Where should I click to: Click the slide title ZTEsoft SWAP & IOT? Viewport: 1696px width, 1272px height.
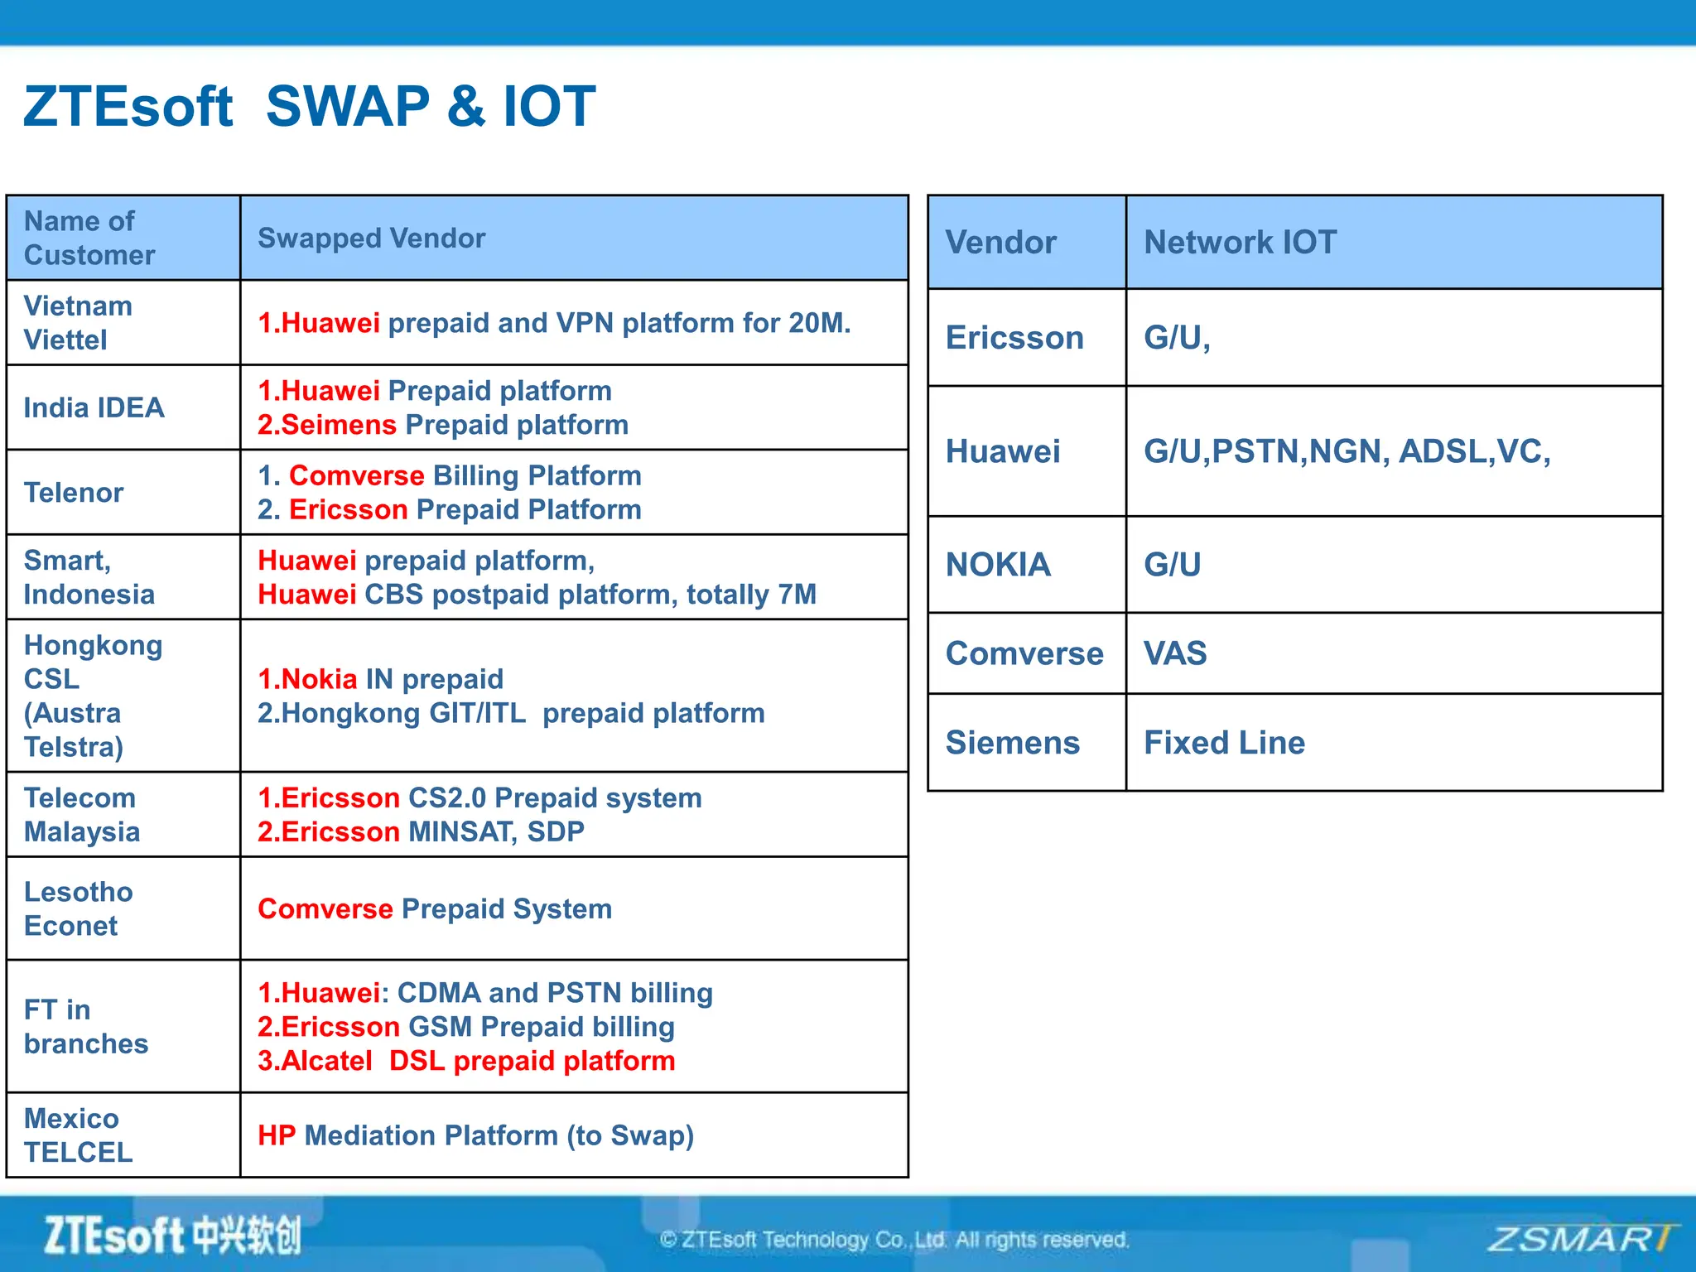pos(308,106)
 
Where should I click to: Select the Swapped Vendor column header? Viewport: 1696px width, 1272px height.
pos(371,238)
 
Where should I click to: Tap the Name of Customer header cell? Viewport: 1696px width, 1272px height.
pos(89,238)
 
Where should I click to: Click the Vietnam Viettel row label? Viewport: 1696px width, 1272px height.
pos(78,323)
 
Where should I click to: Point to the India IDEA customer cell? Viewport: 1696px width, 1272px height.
pos(94,407)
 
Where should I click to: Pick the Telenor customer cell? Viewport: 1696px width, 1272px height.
pos(74,493)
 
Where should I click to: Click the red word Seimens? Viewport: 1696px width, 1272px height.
pos(338,425)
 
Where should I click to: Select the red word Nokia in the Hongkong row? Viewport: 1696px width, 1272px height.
pos(319,679)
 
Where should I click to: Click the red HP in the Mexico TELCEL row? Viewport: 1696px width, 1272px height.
pos(277,1135)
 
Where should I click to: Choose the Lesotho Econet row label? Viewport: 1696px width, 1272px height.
pos(78,908)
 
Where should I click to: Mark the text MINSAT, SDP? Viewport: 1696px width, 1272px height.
pos(497,831)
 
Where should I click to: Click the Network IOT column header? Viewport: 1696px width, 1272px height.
pos(1240,243)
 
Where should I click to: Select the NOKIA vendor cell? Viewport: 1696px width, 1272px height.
pos(998,565)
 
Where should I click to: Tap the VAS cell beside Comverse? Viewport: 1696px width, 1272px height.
pos(1175,653)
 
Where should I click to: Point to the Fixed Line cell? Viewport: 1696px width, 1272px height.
pos(1224,743)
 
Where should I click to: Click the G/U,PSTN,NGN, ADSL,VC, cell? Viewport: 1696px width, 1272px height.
pos(1347,451)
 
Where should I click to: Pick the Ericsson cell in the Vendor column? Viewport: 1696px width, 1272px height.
pos(1014,338)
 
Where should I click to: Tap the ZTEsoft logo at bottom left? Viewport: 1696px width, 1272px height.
pos(172,1236)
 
